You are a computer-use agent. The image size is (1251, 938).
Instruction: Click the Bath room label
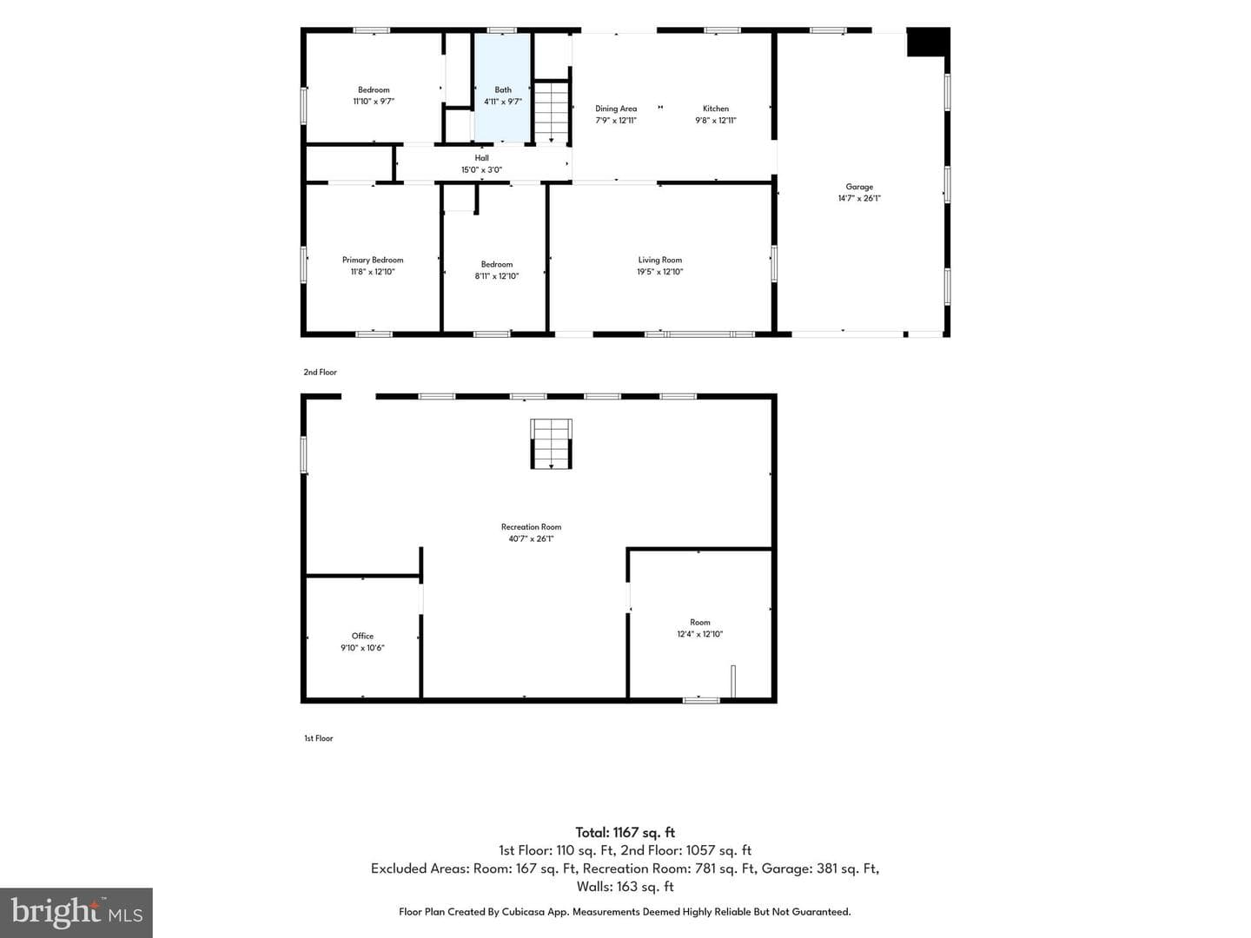point(503,89)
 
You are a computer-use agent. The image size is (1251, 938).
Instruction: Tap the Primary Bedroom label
point(373,260)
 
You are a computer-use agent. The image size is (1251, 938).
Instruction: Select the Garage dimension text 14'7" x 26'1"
point(859,198)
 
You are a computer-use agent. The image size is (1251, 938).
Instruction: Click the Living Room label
point(660,260)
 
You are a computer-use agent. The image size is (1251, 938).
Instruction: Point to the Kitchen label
point(715,109)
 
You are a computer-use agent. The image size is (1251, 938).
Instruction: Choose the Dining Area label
point(616,109)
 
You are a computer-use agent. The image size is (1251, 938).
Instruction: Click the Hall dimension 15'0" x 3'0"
point(481,169)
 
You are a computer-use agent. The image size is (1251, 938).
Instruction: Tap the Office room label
point(362,636)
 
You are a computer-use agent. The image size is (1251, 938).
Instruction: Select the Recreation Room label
point(531,527)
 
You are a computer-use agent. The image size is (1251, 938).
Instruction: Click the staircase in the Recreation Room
point(551,444)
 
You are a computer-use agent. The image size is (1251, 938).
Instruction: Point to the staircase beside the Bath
point(551,112)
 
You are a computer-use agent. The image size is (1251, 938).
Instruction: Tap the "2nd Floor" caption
point(320,372)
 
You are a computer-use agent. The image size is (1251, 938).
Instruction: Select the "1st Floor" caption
point(318,738)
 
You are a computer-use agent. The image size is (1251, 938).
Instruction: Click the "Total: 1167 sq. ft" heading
point(625,833)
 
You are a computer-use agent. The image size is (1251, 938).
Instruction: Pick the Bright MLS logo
point(76,913)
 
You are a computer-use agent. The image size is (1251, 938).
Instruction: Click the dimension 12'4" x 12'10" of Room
point(700,634)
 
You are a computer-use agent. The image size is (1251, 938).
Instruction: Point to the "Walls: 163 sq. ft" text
point(625,887)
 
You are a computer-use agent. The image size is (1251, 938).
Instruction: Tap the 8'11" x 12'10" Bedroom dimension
point(496,276)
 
